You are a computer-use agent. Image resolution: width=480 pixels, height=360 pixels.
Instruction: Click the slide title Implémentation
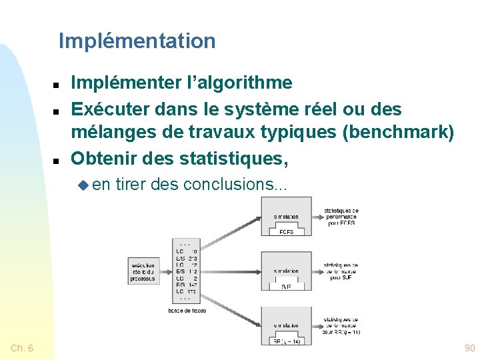point(137,41)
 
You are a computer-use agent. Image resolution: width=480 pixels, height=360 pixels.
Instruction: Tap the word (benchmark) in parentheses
point(397,133)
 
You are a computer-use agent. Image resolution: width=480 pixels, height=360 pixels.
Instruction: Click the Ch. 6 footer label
point(23,348)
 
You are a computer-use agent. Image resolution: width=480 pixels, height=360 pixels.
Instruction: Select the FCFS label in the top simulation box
point(286,232)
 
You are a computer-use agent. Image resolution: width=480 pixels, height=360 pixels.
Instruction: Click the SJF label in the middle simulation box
point(286,286)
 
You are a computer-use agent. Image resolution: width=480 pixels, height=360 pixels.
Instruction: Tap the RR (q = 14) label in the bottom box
point(286,341)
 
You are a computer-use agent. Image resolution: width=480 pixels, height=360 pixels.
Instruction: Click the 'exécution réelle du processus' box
point(143,271)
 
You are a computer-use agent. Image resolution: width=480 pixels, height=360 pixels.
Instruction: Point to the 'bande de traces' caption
point(186,310)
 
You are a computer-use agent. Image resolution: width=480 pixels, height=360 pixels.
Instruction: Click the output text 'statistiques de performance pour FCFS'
point(341,216)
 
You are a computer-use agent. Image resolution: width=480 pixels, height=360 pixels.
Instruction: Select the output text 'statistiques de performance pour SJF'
point(341,271)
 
